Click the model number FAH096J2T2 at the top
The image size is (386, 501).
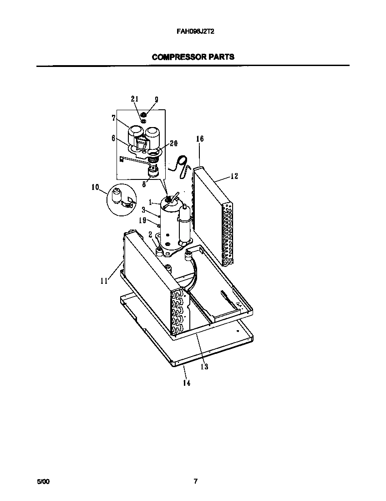(192, 33)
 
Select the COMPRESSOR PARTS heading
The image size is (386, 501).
(193, 57)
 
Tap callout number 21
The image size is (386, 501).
(134, 99)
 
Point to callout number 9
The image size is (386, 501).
(156, 99)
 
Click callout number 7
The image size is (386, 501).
(113, 118)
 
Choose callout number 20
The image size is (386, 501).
(173, 143)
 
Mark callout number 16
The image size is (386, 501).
(200, 138)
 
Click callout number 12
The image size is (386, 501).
(234, 176)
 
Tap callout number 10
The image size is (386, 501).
(95, 187)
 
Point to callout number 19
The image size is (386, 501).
(143, 220)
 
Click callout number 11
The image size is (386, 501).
(104, 281)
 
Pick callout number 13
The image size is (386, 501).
(204, 367)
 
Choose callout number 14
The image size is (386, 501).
(186, 383)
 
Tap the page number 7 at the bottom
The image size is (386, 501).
(195, 481)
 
